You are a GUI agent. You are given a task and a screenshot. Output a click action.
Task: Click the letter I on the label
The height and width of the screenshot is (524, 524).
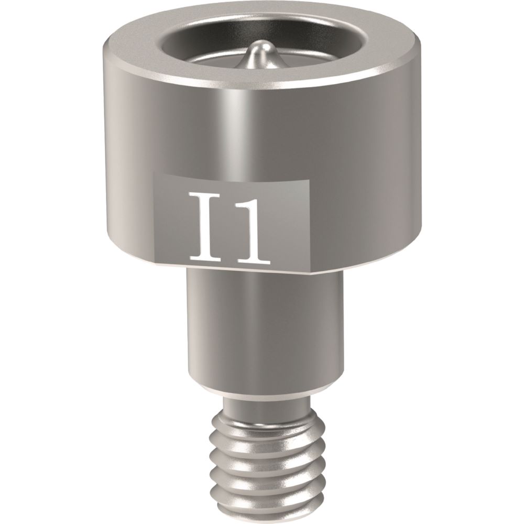(205, 226)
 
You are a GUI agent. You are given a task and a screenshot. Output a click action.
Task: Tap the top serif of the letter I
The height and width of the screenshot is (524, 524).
(205, 195)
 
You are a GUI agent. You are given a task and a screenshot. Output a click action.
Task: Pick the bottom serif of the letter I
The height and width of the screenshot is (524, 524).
(205, 258)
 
